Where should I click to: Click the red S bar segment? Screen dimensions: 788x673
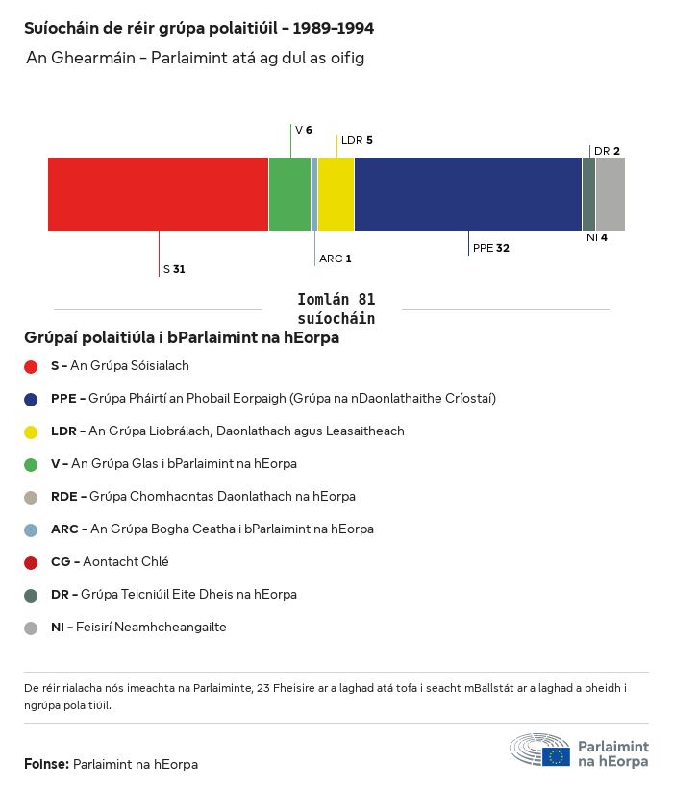(x=158, y=194)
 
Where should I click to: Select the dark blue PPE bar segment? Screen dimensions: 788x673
(x=468, y=194)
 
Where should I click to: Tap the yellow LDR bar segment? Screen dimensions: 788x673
(x=336, y=194)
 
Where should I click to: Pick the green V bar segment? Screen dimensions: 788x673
(x=289, y=194)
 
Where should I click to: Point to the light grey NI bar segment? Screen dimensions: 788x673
(x=611, y=194)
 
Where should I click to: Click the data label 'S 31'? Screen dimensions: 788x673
(x=174, y=269)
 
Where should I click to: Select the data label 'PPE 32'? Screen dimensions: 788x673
(x=490, y=248)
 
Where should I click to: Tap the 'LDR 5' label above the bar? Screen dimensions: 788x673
(x=357, y=140)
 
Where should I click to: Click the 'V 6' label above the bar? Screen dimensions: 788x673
(x=303, y=130)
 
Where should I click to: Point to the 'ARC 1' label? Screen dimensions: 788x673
(x=336, y=259)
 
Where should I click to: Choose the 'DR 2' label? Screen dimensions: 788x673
(x=607, y=151)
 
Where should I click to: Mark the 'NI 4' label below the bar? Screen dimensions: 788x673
(x=597, y=237)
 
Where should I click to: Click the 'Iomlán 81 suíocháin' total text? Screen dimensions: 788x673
(x=336, y=309)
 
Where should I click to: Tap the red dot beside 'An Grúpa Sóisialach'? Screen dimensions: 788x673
(x=31, y=366)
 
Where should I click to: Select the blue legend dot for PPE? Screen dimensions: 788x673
(x=31, y=399)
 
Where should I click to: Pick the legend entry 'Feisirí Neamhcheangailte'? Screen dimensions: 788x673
(x=138, y=628)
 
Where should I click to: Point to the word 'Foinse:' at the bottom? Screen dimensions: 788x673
(x=46, y=764)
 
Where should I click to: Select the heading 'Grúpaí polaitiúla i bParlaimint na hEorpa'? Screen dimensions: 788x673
(x=182, y=338)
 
